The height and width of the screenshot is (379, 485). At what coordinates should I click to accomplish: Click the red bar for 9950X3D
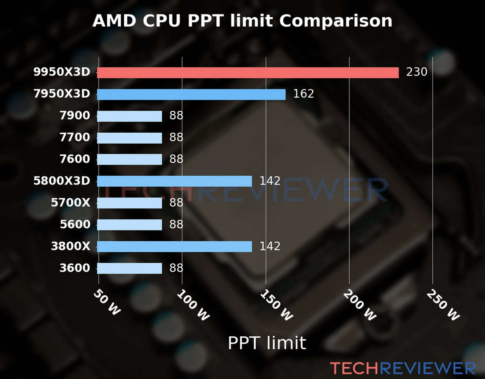248,73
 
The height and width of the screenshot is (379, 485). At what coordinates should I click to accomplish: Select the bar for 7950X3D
191,94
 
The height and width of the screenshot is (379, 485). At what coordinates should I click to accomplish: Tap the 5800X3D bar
174,181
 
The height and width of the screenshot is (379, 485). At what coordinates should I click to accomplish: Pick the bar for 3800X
174,246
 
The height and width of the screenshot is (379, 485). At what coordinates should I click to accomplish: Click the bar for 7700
129,138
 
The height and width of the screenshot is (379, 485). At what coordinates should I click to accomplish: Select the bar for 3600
129,268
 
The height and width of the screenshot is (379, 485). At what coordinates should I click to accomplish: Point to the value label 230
416,72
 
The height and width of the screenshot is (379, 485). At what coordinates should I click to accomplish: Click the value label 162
303,94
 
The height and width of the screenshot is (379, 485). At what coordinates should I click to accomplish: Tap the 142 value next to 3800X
270,246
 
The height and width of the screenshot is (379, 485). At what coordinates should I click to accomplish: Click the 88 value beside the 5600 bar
176,224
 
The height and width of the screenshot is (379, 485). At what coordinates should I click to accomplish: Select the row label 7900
75,116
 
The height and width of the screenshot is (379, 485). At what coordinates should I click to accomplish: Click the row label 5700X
70,202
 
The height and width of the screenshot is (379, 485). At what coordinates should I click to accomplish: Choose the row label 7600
75,159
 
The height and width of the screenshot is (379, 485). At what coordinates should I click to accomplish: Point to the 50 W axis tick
107,303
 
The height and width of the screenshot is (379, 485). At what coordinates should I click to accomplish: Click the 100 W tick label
193,305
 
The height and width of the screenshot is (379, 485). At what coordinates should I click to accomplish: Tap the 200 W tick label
360,305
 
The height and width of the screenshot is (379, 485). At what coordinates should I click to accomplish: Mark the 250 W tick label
443,305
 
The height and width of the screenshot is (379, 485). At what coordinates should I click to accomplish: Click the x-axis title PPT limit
267,343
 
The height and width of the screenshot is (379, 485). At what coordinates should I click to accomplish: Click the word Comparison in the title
336,21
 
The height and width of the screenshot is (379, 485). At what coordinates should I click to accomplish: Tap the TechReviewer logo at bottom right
403,368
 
